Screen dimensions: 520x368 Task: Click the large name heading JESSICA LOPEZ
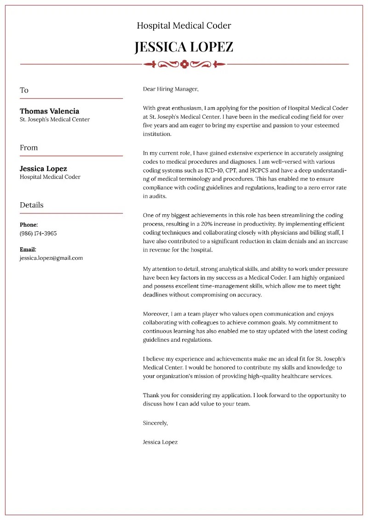tap(184, 46)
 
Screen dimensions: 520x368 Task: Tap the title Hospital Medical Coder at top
tap(184, 26)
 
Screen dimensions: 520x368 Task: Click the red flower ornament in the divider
tap(184, 64)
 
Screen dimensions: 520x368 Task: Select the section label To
tap(24, 90)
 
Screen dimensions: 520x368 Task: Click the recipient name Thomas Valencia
tap(49, 111)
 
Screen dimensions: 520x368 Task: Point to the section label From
tap(29, 148)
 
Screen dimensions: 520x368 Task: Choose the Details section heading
tap(31, 205)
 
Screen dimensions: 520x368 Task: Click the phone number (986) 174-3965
tap(38, 233)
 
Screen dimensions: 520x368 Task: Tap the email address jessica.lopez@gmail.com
tap(51, 258)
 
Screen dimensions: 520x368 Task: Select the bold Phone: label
tap(29, 225)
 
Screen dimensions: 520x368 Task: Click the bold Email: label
tap(28, 249)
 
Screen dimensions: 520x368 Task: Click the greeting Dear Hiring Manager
tap(170, 89)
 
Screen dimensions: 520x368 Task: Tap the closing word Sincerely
tap(155, 423)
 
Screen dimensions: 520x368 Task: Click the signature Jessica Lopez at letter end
tap(160, 442)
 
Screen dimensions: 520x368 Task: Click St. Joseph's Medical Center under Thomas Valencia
tap(54, 120)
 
